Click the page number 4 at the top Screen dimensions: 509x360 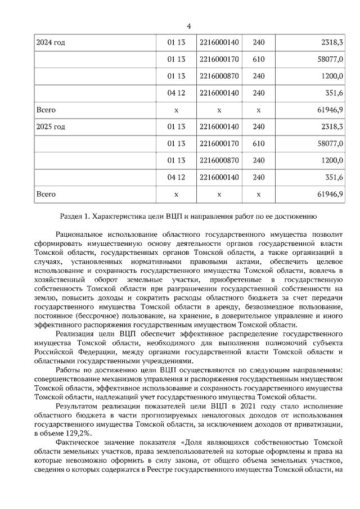(189, 26)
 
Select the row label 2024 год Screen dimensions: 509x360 (51, 43)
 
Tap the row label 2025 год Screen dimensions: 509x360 (51, 127)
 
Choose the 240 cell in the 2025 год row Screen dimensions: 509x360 (258, 127)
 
